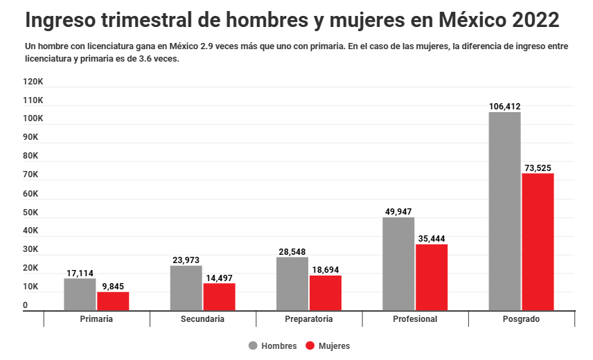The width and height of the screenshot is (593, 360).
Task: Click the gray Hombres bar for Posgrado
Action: [504, 211]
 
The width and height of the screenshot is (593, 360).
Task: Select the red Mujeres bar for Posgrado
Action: [538, 242]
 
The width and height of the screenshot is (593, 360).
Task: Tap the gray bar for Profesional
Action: [398, 264]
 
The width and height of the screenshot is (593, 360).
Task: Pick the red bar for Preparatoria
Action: [325, 293]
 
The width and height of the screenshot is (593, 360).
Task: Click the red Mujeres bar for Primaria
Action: [113, 301]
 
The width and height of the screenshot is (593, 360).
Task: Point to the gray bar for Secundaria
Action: [186, 288]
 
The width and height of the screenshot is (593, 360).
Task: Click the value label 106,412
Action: [504, 107]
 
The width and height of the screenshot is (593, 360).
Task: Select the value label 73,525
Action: [538, 168]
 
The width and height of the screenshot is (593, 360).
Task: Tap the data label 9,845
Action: [113, 286]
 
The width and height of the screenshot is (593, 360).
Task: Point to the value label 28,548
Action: [292, 252]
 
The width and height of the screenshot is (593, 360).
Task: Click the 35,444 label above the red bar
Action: [432, 239]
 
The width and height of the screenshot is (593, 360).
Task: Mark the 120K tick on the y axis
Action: [33, 82]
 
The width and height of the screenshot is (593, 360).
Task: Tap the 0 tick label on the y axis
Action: [26, 305]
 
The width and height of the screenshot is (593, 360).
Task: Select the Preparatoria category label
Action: [309, 319]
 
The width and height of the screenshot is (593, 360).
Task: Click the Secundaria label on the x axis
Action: [202, 319]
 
